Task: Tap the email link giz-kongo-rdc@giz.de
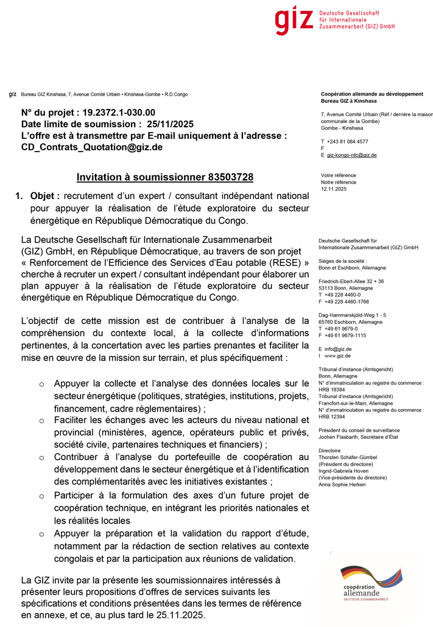click(x=352, y=155)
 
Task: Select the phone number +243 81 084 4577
click(x=347, y=141)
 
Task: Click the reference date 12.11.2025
click(x=333, y=189)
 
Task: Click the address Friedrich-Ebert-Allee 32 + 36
click(x=351, y=281)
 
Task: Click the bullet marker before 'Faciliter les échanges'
click(x=41, y=421)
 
